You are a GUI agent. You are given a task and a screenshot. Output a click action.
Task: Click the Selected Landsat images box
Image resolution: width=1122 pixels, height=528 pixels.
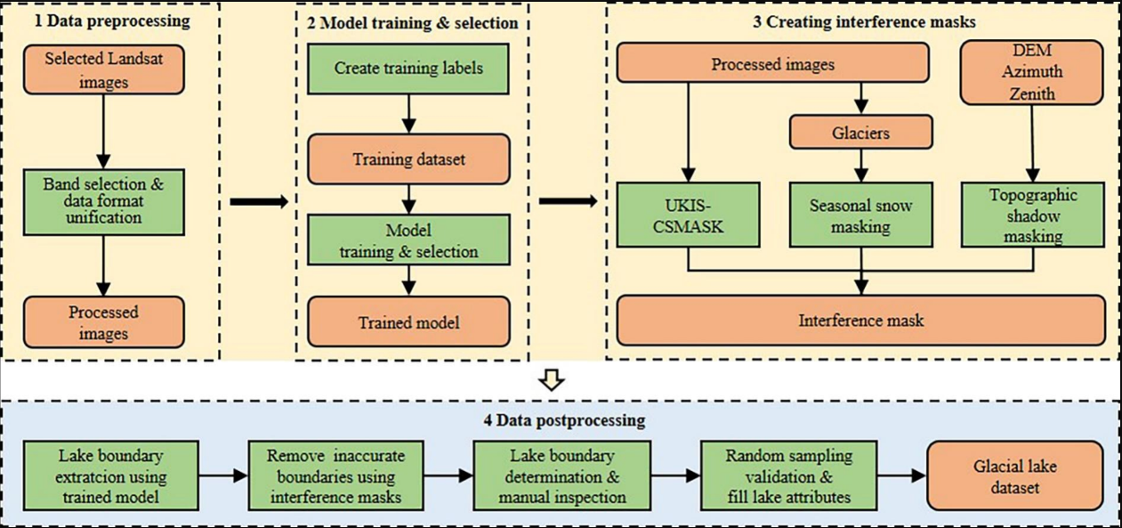pyautogui.click(x=105, y=69)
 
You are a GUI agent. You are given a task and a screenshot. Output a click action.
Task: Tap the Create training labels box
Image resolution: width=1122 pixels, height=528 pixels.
pyautogui.click(x=408, y=68)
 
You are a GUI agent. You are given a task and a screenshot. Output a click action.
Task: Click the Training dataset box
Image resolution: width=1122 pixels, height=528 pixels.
pyautogui.click(x=408, y=159)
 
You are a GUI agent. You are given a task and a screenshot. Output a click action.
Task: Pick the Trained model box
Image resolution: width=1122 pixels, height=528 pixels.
pyautogui.click(x=408, y=321)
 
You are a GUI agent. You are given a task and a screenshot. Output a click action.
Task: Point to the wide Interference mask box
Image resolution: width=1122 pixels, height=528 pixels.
pyautogui.click(x=860, y=321)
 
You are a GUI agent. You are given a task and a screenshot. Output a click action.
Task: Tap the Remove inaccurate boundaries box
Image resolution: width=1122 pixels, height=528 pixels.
pyautogui.click(x=335, y=476)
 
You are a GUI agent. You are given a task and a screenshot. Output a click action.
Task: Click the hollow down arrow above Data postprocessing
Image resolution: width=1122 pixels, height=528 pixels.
pyautogui.click(x=553, y=381)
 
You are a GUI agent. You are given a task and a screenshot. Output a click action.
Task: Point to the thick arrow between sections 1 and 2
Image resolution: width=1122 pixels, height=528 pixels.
pyautogui.click(x=259, y=201)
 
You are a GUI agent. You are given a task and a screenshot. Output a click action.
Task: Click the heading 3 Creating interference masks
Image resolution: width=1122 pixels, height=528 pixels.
pyautogui.click(x=860, y=22)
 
